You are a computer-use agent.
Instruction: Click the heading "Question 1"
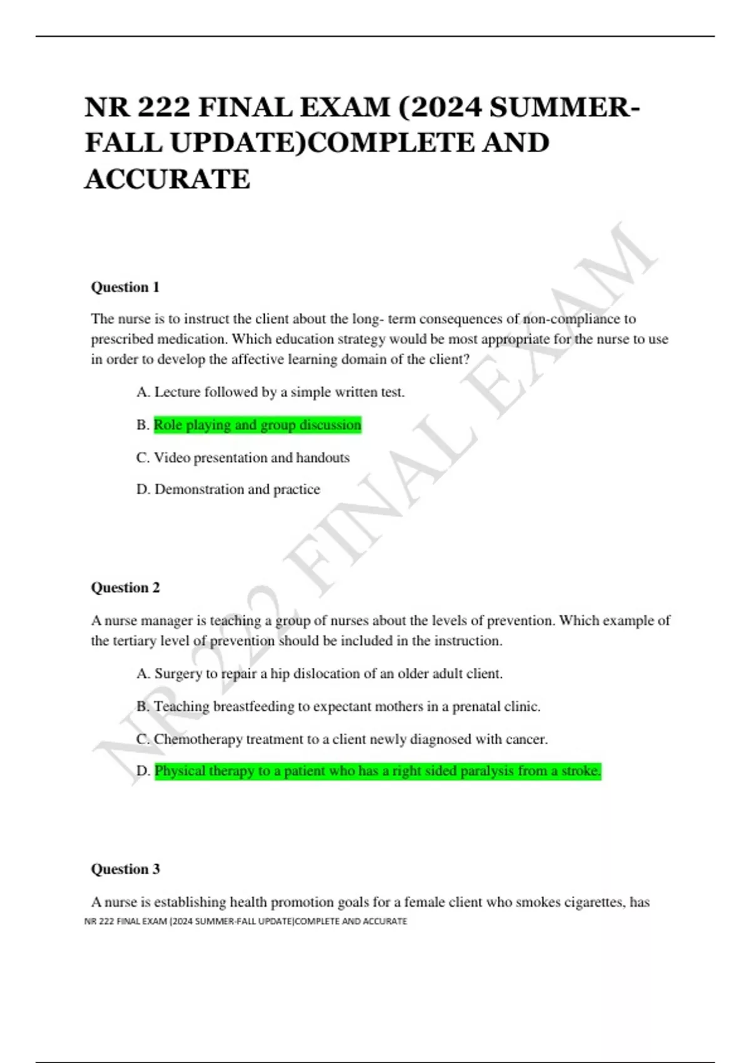125,287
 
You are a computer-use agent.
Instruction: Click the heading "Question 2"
125,587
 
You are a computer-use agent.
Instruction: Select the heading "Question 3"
125,869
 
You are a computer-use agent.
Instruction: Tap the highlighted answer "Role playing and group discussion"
257,425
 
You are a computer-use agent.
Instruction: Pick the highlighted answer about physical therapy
377,771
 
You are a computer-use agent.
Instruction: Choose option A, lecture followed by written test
270,392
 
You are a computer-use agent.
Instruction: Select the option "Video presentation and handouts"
243,458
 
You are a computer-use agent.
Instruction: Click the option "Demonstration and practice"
228,489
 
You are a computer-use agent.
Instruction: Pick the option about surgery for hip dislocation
319,673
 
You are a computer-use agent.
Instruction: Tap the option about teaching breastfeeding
338,707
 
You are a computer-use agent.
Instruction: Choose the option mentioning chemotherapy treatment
342,739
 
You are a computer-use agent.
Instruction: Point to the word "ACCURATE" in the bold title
168,179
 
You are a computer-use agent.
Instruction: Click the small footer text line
245,921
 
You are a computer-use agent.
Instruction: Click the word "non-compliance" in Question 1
571,319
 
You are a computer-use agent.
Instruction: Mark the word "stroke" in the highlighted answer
580,771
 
